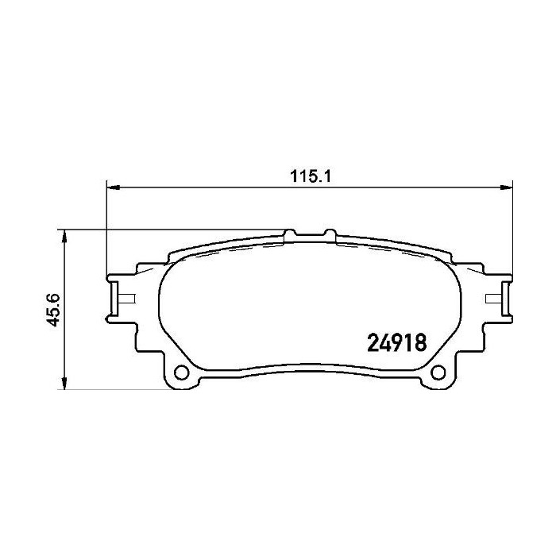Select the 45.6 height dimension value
coord(55,310)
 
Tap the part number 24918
coord(396,343)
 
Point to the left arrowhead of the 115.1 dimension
coord(111,188)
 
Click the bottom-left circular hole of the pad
coord(181,373)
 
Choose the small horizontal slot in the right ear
coord(492,299)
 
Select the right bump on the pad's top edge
coord(330,234)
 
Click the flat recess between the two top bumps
coord(310,237)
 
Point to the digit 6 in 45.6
coord(55,297)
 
